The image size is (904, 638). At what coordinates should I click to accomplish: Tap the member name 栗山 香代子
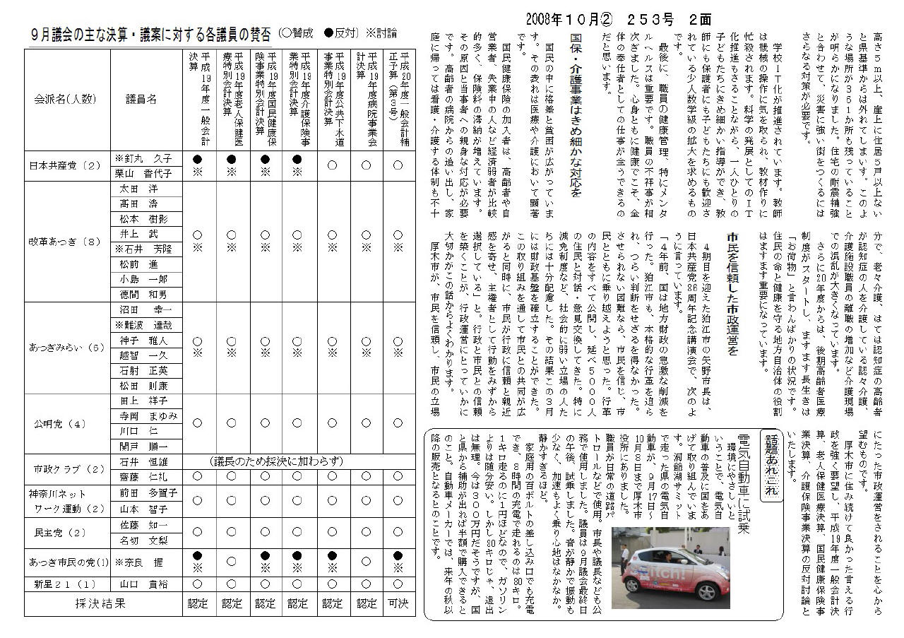[143, 174]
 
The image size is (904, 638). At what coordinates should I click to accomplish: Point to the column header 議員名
[141, 100]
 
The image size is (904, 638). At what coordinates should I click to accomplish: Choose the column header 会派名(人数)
[67, 100]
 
